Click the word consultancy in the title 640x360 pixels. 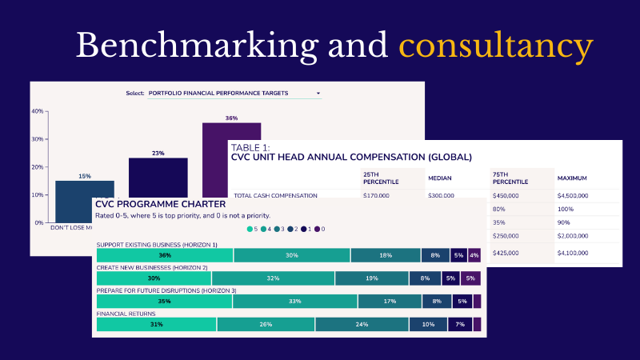(x=496, y=46)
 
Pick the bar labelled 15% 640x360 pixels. (x=84, y=192)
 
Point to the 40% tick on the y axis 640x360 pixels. (x=37, y=111)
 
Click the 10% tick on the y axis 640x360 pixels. (x=37, y=194)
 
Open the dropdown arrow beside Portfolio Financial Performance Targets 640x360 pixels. (x=318, y=94)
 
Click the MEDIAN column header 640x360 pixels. (x=441, y=178)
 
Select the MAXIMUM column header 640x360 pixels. (x=574, y=178)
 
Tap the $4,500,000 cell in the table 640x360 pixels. (x=572, y=195)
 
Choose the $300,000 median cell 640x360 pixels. (x=441, y=195)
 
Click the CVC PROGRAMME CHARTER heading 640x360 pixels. (x=155, y=204)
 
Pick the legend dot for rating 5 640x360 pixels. (x=250, y=229)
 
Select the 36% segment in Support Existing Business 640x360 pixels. (x=165, y=255)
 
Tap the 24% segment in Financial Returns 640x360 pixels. (x=362, y=324)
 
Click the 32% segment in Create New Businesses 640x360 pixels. (x=273, y=278)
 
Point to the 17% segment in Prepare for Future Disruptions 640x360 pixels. (x=390, y=302)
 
